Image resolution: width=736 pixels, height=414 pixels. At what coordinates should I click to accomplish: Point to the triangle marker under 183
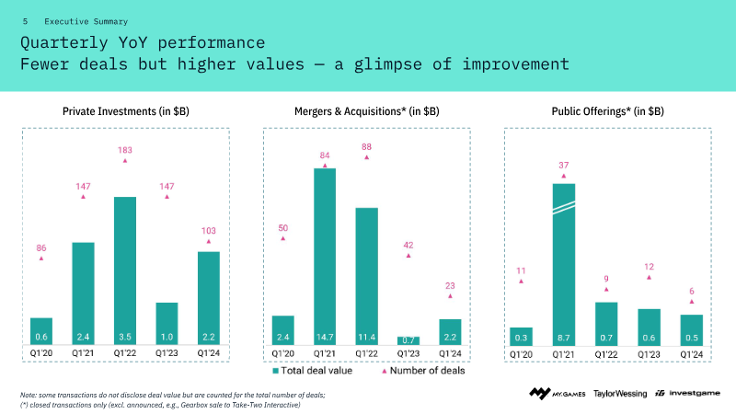[125, 161]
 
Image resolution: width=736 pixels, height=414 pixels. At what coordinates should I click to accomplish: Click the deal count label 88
[366, 146]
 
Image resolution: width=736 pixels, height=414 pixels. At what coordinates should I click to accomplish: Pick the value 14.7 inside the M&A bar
[325, 338]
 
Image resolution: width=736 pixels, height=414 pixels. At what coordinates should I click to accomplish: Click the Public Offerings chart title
[607, 111]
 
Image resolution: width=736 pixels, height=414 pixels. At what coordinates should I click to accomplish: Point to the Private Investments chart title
[126, 111]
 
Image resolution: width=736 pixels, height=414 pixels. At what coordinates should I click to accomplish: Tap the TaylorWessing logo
[620, 393]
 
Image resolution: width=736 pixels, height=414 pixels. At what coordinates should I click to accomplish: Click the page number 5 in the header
[25, 20]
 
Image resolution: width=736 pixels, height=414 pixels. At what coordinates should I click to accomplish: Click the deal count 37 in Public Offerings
[564, 166]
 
